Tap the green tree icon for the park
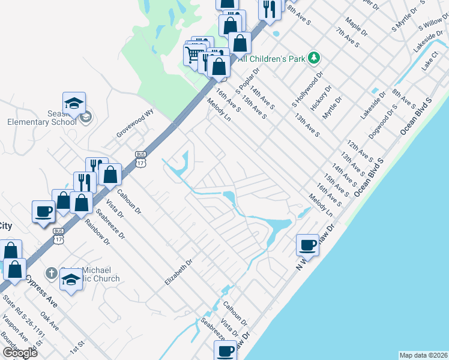click(x=313, y=58)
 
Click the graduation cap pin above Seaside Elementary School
click(x=74, y=104)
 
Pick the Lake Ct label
click(x=430, y=65)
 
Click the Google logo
click(x=19, y=353)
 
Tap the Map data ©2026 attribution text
click(x=423, y=355)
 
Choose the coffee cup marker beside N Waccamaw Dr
click(x=307, y=245)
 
